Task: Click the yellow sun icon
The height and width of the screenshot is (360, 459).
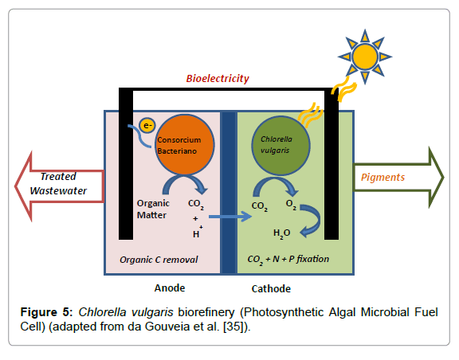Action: [365, 57]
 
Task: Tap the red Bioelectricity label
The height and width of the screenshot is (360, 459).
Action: [218, 78]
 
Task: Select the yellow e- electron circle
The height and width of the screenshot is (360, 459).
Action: [147, 125]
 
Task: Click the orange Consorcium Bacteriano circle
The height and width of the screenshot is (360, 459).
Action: [184, 145]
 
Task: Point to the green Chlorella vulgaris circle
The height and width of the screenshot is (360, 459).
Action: [280, 146]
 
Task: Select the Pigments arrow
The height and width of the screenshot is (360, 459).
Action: [398, 178]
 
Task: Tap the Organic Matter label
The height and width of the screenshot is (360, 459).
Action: [153, 209]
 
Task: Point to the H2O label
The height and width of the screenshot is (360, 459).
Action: [281, 233]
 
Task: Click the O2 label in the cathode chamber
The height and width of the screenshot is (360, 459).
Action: [291, 205]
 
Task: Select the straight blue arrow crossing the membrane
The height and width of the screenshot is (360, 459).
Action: [230, 217]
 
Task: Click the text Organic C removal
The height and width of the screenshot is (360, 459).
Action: [159, 260]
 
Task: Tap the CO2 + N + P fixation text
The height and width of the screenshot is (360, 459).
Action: [288, 260]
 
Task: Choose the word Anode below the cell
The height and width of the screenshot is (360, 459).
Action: [170, 288]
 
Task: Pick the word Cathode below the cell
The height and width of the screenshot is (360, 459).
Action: [271, 289]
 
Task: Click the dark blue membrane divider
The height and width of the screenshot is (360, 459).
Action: [229, 193]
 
